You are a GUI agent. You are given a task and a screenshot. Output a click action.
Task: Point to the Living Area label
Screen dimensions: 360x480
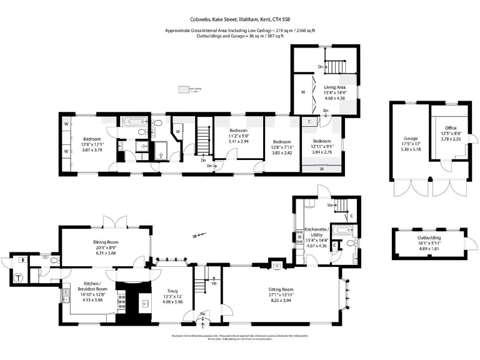pyautogui.click(x=334, y=87)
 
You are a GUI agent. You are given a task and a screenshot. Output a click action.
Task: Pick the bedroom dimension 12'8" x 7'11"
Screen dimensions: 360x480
pyautogui.click(x=282, y=147)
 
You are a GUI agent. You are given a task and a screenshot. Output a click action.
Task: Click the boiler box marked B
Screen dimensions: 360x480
pyautogui.click(x=23, y=259)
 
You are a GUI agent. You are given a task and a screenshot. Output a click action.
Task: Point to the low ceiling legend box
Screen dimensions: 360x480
pyautogui.click(x=184, y=89)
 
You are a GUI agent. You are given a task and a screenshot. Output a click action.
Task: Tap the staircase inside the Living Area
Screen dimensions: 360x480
pyautogui.click(x=337, y=66)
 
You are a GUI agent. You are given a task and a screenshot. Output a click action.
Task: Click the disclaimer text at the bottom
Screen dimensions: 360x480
pyautogui.click(x=240, y=337)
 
